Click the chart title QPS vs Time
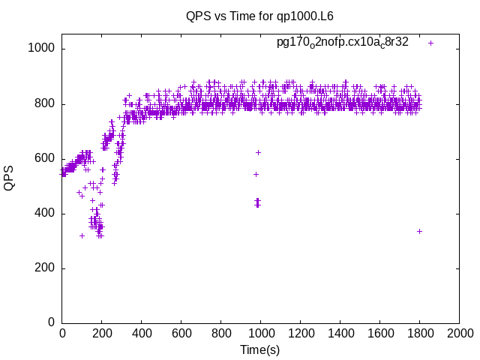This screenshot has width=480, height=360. (x=259, y=16)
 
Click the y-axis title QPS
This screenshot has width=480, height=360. (x=9, y=178)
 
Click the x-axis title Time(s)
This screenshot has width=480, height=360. (x=259, y=350)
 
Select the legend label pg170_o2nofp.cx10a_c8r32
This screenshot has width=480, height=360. (x=342, y=42)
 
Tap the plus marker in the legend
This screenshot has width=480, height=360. (x=430, y=43)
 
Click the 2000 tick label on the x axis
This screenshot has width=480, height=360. (x=459, y=333)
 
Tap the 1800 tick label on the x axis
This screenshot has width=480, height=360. (x=419, y=333)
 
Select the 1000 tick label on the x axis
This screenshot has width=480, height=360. (x=260, y=333)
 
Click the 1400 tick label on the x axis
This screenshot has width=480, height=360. (x=340, y=333)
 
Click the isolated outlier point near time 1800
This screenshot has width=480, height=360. (x=419, y=231)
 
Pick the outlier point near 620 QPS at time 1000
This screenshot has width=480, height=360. (x=258, y=152)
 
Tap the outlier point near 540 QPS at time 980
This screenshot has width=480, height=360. (x=256, y=174)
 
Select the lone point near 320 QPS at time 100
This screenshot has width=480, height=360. (x=82, y=235)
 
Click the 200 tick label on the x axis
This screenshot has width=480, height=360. (x=101, y=333)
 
